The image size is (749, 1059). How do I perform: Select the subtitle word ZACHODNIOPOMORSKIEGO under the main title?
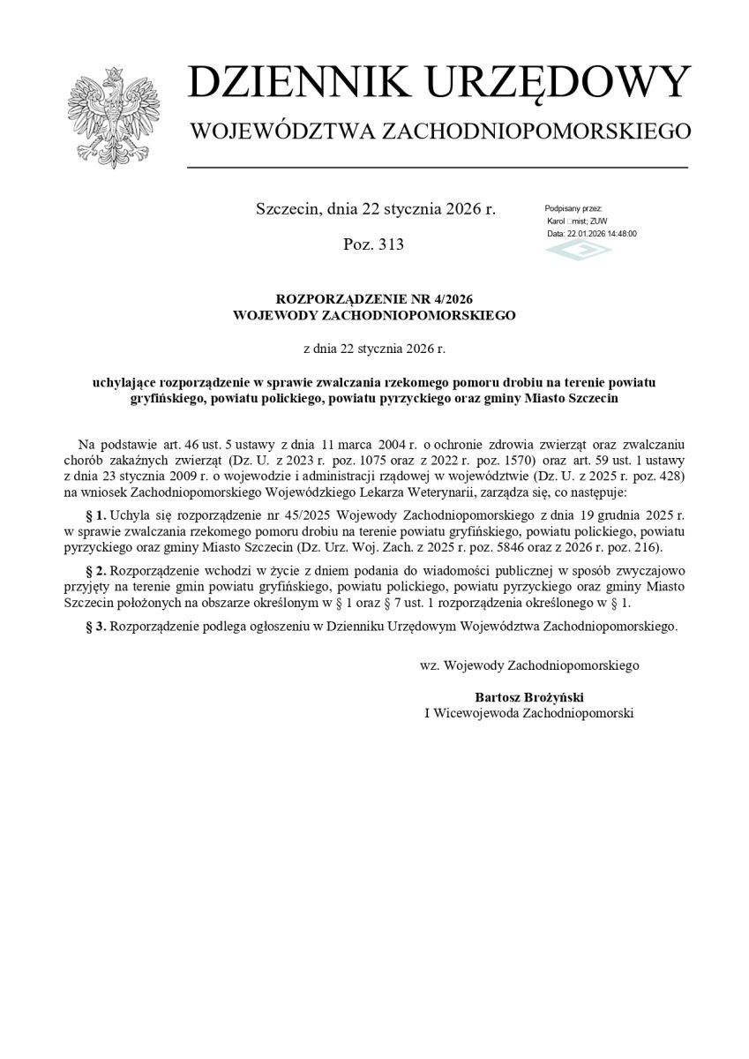point(536,132)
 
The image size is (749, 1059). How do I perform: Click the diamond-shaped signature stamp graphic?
point(578,251)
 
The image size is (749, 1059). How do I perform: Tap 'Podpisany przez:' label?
point(573,207)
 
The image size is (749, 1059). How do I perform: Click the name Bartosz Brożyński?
point(529,696)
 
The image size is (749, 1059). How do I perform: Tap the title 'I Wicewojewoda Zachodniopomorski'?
point(529,712)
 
